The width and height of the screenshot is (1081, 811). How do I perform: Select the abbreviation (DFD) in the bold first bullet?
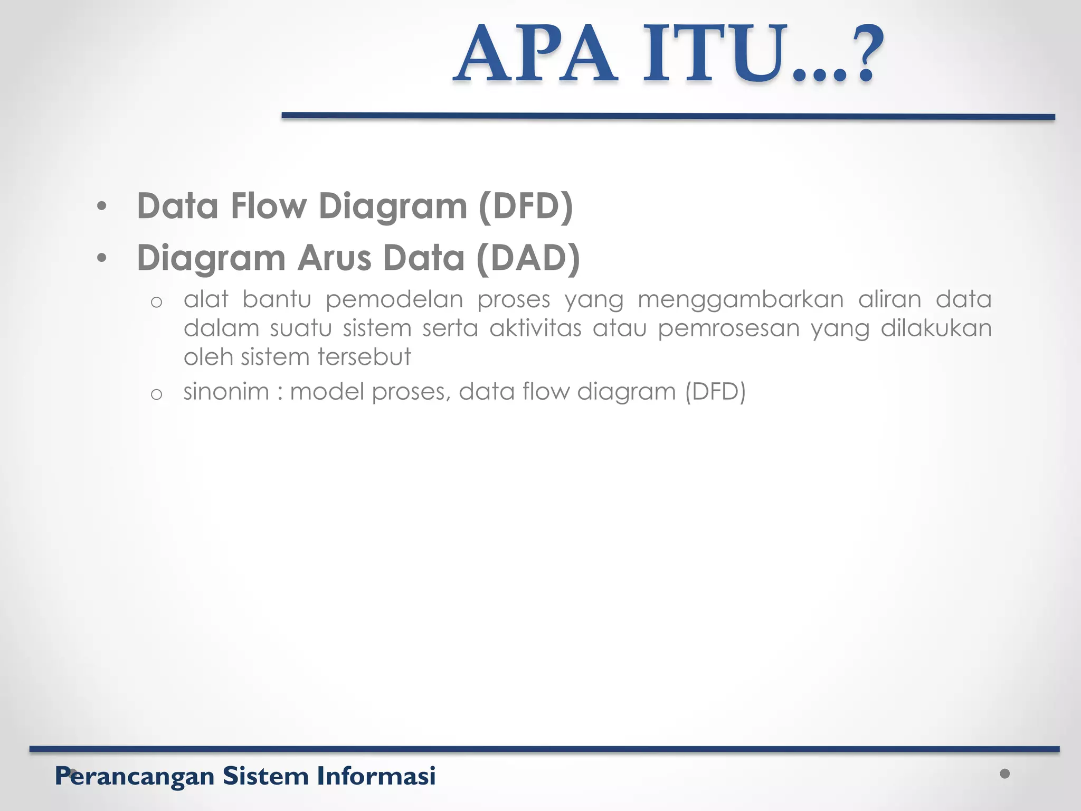525,206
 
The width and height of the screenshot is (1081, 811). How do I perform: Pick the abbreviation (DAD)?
527,258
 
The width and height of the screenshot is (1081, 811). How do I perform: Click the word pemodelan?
394,300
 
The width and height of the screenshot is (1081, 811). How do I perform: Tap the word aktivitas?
535,328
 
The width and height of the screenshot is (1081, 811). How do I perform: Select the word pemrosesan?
728,328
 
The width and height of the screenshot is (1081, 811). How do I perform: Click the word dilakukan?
936,328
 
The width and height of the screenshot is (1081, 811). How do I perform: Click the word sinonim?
226,392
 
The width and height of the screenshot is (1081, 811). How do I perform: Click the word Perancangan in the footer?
135,776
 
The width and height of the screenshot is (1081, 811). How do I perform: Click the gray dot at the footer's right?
1004,774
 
